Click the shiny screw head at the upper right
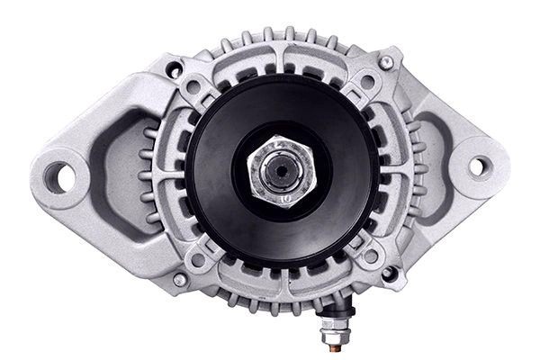[x=386, y=62]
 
